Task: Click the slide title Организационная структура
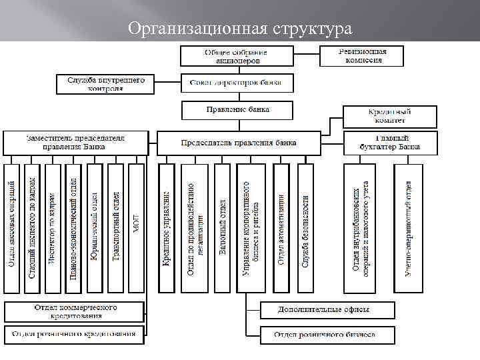[x=240, y=29]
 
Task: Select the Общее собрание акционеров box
[x=227, y=56]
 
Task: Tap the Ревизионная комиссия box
[x=362, y=55]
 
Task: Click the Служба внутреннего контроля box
[x=106, y=83]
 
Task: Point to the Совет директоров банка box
[x=237, y=83]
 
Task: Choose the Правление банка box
[x=237, y=109]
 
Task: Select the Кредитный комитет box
[x=390, y=116]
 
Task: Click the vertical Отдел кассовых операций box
[x=11, y=227]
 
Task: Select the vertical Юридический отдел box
[x=95, y=227]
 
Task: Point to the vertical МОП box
[x=136, y=227]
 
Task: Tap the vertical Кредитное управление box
[x=167, y=227]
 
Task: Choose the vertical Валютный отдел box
[x=223, y=227]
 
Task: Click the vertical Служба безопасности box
[x=305, y=227]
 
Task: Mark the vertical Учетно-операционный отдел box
[x=408, y=227]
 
